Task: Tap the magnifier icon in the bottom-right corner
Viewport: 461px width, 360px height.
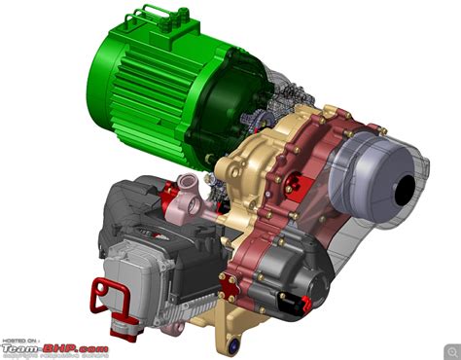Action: tap(448, 347)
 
